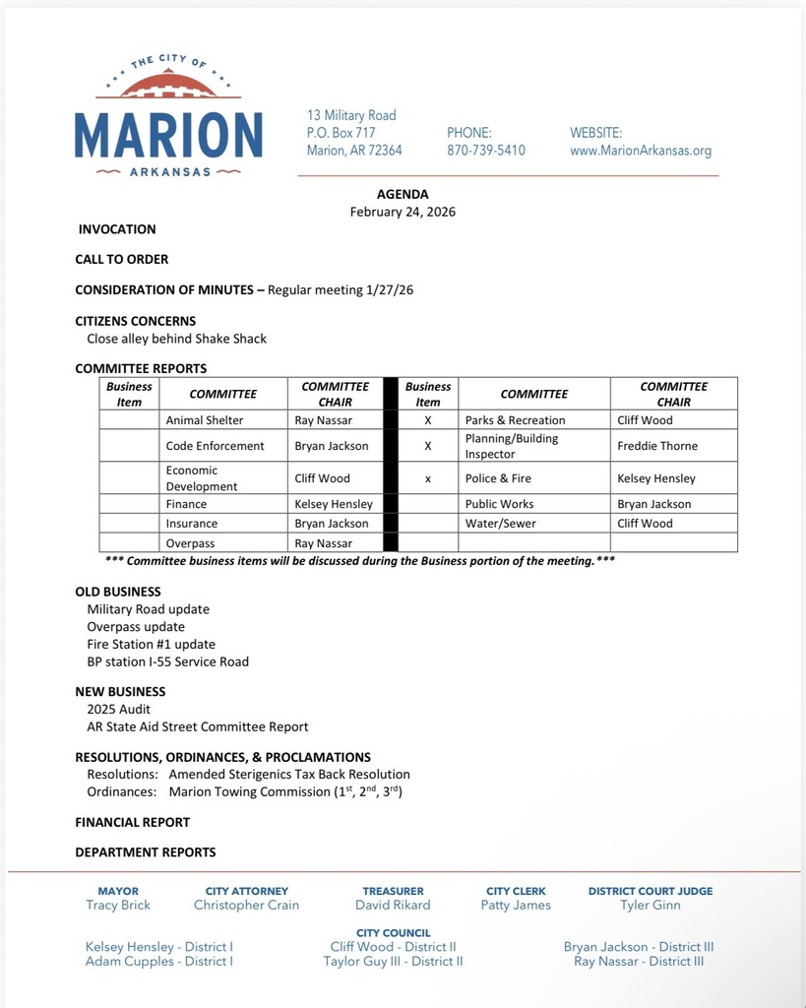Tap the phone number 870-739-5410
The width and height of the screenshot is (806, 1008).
point(486,151)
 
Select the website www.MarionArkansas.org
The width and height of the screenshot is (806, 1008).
point(641,151)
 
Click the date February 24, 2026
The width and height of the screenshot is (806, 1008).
point(403,212)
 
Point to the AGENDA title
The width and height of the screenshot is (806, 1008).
point(403,194)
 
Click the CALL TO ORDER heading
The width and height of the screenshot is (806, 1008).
point(122,259)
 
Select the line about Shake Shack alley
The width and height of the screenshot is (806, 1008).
point(177,339)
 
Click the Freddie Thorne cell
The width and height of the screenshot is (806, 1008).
point(657,446)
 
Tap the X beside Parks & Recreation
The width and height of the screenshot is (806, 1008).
point(428,420)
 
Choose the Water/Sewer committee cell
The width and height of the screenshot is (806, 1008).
point(501,524)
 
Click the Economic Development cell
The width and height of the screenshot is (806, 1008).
point(202,478)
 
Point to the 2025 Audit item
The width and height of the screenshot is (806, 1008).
point(119,709)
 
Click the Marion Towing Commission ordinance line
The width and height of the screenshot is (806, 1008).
point(285,791)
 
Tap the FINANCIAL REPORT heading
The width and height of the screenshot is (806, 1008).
point(133,822)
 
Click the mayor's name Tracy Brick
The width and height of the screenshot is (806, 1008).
point(118,905)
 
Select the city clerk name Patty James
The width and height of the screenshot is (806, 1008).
point(516,905)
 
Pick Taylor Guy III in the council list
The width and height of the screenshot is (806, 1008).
point(393,962)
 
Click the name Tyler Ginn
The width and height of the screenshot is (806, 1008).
point(651,905)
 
